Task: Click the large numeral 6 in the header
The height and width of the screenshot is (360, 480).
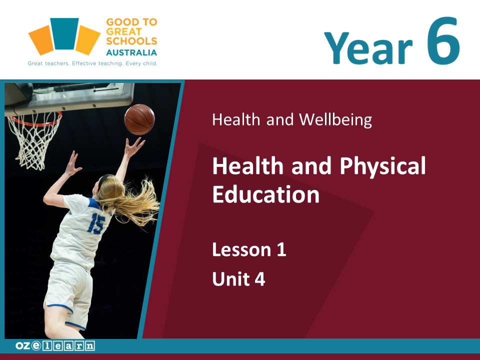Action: pos(443,41)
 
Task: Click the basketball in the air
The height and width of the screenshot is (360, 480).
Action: pos(139,119)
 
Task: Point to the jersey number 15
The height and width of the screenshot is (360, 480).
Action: pos(96,223)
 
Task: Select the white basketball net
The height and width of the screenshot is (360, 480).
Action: pos(34,139)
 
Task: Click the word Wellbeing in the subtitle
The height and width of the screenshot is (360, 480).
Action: pos(335,119)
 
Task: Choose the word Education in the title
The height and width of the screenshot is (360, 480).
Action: pos(265,194)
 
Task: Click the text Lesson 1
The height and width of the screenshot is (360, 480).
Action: pos(249,249)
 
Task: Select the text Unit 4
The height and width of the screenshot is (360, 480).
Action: pos(238,279)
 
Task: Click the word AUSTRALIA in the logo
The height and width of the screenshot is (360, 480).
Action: pos(131,52)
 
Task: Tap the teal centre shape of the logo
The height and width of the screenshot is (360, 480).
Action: pos(64,33)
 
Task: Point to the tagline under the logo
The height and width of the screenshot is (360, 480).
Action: pos(92,63)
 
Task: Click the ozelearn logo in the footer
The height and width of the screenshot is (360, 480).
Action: pos(55,346)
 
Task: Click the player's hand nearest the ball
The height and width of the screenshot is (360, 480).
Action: pos(134,147)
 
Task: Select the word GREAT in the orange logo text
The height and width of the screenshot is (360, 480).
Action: pos(124,31)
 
